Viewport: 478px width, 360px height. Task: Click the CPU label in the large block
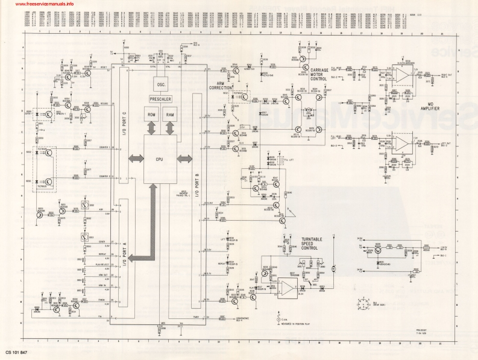160,158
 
